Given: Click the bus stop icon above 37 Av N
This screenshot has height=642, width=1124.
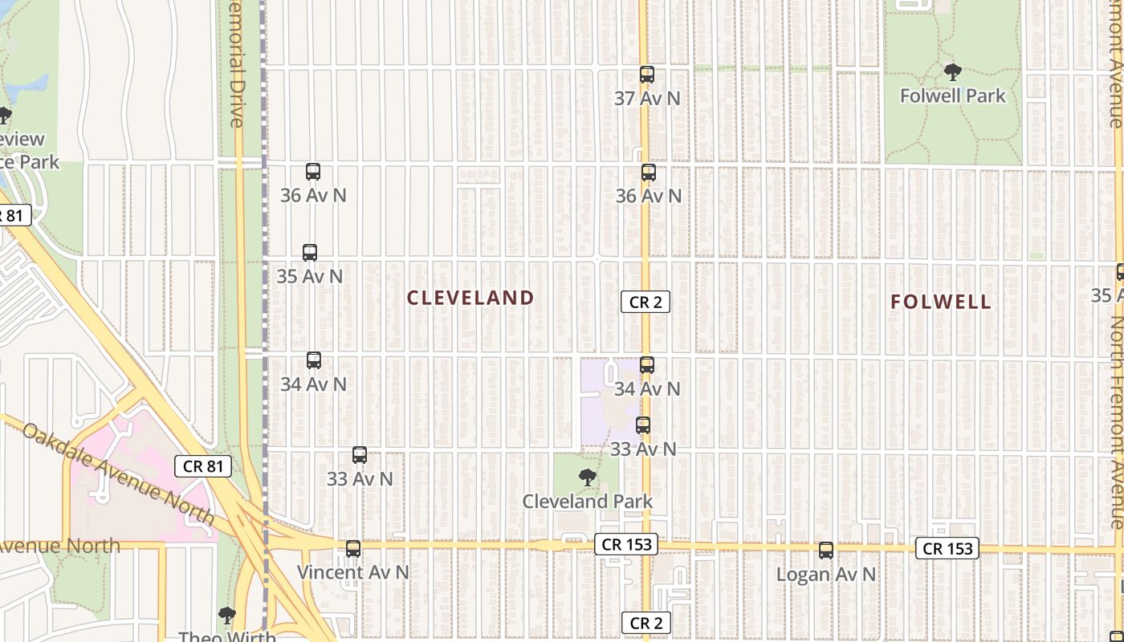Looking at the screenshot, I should point(647,75).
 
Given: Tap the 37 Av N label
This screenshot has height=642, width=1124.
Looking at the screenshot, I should point(647,98).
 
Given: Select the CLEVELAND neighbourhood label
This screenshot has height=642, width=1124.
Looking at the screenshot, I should point(470,298).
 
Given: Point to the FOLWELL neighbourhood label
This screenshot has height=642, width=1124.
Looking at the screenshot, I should point(941,302).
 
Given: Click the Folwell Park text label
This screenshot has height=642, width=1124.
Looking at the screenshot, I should point(952,95).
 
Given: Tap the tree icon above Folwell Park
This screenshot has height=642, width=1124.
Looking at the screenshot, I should point(952,72).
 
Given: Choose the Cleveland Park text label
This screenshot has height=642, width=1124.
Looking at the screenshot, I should point(587,501).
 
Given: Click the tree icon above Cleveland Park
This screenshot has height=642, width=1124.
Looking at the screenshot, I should point(588,477).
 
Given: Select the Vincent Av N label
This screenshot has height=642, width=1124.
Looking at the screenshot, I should point(353,572).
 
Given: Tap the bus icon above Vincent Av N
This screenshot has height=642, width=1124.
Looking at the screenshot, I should point(353,549).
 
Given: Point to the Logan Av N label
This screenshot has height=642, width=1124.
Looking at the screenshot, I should point(826,575).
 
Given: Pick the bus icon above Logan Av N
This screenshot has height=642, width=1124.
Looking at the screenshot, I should point(826,551).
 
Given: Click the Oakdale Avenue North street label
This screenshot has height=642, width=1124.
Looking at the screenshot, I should point(128,474).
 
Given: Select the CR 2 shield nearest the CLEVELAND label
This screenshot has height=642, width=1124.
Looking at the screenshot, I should point(645,302).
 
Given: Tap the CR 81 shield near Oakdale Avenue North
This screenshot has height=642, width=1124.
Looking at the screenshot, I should point(203,465).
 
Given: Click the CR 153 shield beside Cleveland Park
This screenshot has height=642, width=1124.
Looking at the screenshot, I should point(627,544).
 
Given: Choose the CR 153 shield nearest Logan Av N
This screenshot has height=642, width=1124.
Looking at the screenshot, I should point(948,549).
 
